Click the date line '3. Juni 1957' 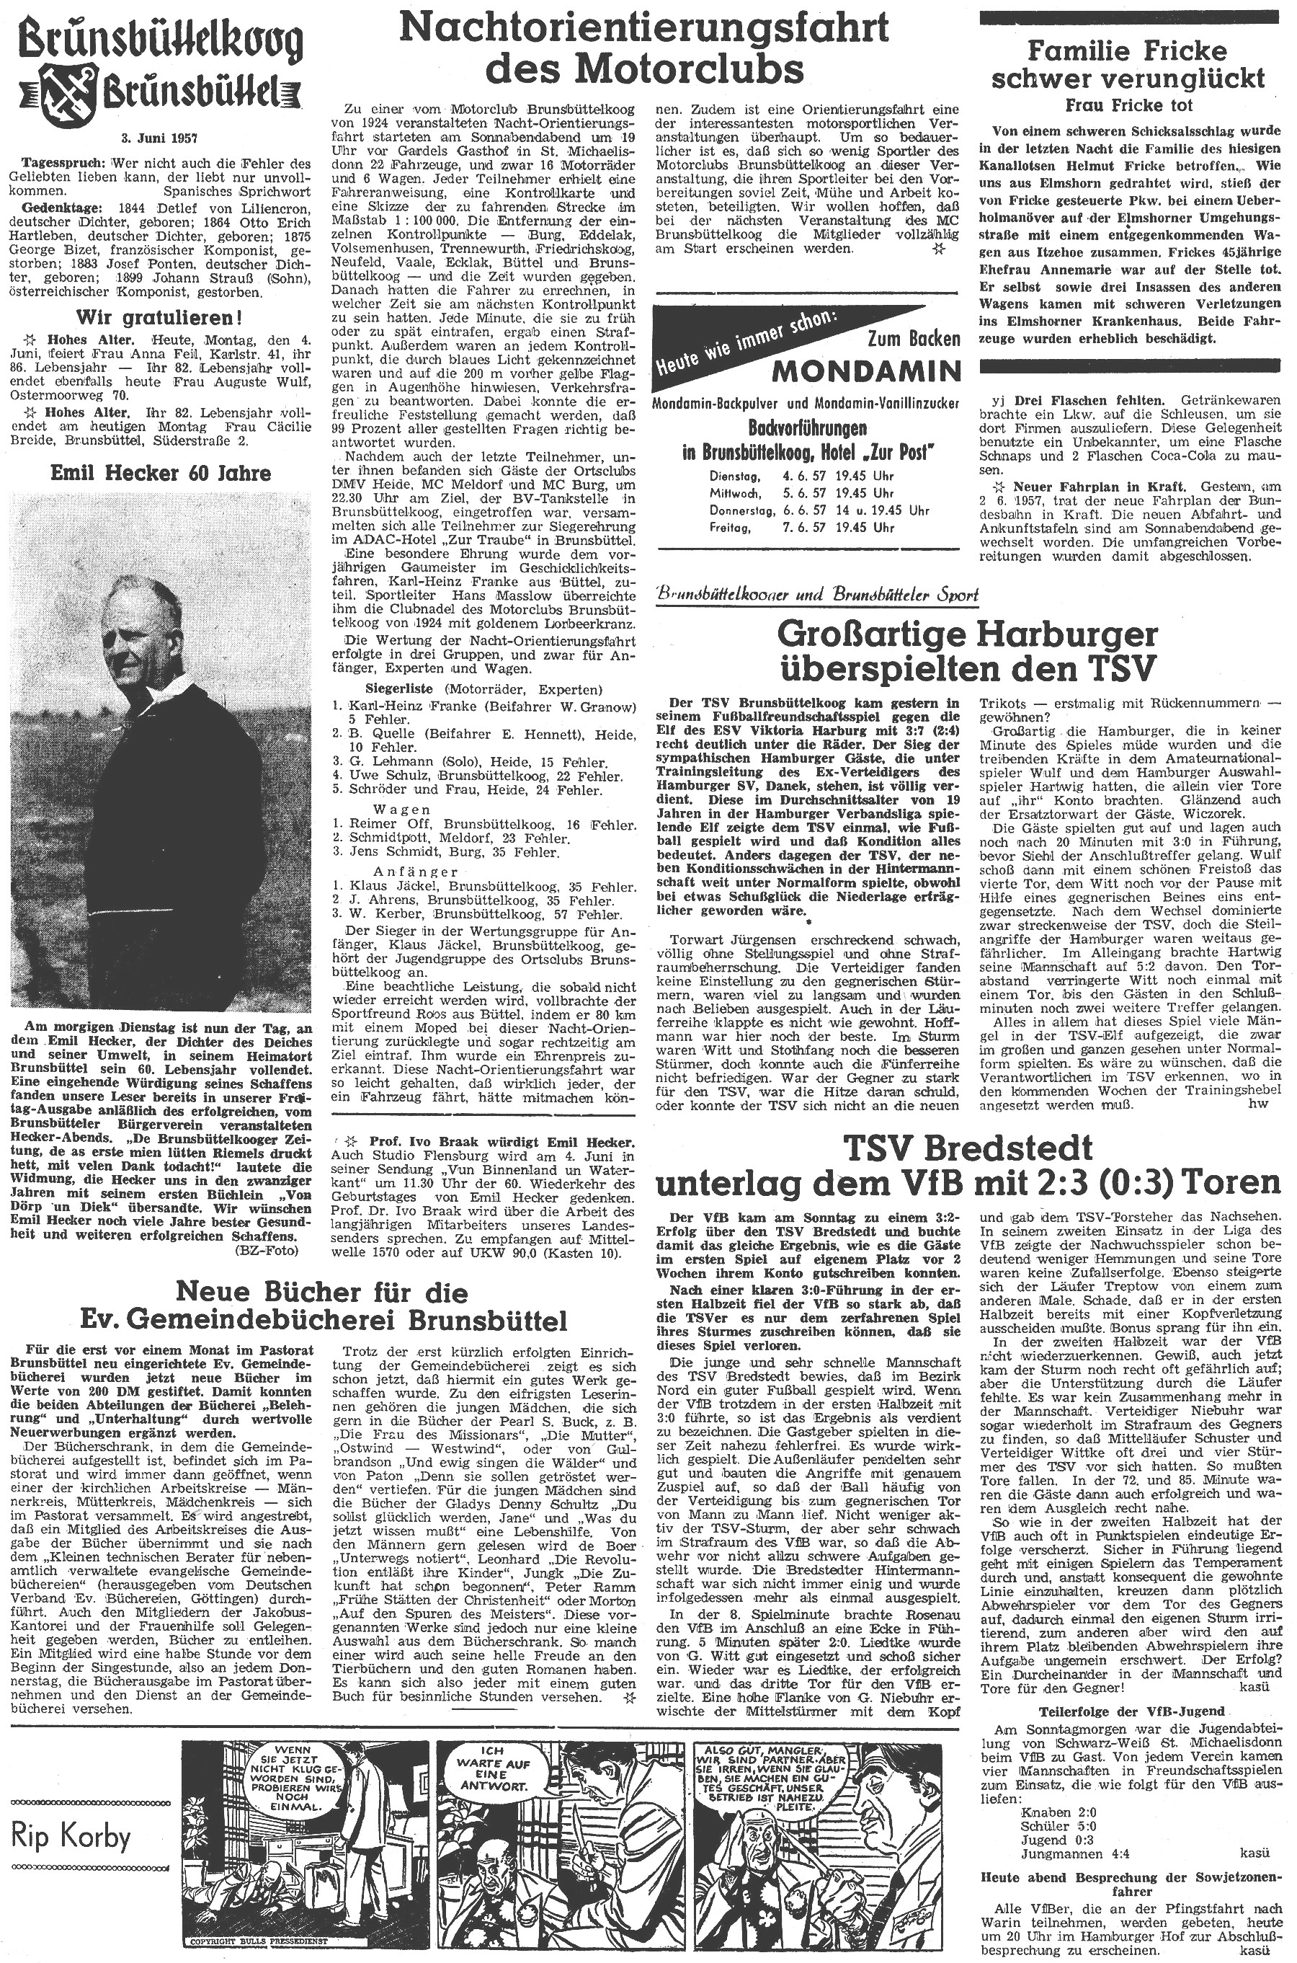160,138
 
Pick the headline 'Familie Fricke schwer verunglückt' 1128,65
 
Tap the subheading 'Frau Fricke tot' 1128,105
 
